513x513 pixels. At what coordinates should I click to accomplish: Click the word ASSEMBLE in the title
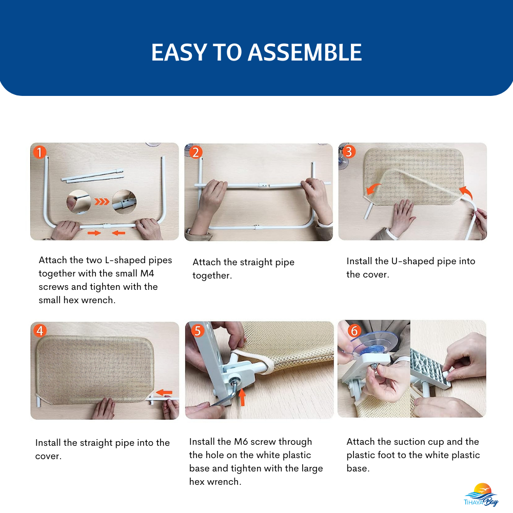[x=305, y=53]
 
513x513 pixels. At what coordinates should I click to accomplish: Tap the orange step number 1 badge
[x=40, y=152]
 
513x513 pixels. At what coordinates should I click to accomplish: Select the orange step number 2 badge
[x=195, y=152]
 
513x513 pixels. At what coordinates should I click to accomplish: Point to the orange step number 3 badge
[x=349, y=151]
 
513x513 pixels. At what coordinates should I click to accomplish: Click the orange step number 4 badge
[x=40, y=330]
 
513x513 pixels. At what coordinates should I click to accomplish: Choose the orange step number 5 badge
[x=198, y=330]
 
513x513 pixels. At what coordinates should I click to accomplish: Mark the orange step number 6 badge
[x=354, y=330]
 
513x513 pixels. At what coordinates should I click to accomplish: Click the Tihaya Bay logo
[x=481, y=495]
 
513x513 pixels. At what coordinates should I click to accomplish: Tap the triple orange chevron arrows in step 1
[x=102, y=202]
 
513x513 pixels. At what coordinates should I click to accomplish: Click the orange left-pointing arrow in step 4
[x=164, y=392]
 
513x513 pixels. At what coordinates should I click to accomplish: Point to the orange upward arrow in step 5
[x=242, y=397]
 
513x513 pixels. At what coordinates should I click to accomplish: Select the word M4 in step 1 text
[x=147, y=273]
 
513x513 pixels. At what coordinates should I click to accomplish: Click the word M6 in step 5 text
[x=241, y=442]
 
